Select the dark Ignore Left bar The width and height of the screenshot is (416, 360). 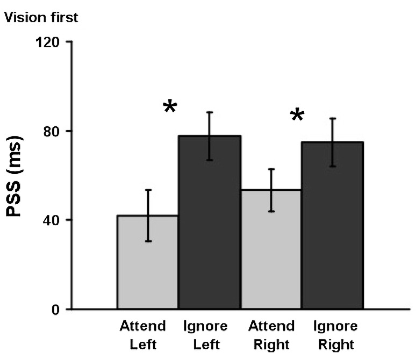209,226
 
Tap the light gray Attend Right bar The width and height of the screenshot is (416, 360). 271,253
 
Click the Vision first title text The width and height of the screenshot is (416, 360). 41,18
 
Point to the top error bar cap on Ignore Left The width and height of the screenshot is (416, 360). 209,112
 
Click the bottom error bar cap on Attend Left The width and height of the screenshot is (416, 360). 147,241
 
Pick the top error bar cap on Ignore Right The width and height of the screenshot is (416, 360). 333,118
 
